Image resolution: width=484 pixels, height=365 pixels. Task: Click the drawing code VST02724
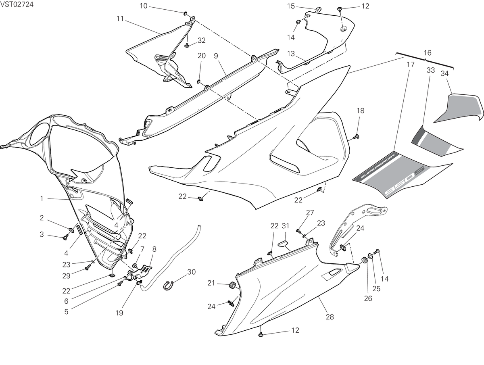tap(17, 4)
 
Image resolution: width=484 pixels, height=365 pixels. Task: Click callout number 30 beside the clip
tap(191, 272)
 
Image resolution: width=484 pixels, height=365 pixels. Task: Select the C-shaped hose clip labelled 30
tap(169, 286)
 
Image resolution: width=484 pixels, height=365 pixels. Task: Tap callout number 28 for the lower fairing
tap(330, 317)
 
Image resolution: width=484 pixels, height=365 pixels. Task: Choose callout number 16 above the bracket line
tap(427, 53)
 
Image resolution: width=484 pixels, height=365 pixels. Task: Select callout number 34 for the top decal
tap(444, 73)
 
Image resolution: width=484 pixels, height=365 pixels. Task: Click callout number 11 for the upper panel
tap(120, 19)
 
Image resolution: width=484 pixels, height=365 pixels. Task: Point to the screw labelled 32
tap(187, 46)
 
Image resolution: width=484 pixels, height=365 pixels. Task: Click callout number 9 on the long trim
tap(216, 56)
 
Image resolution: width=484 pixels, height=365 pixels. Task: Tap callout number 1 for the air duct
tap(42, 198)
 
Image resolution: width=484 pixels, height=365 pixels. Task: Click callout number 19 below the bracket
tap(119, 313)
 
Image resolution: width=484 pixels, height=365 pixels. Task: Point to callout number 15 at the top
tap(291, 6)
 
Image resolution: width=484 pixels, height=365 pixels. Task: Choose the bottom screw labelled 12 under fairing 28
tap(261, 334)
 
